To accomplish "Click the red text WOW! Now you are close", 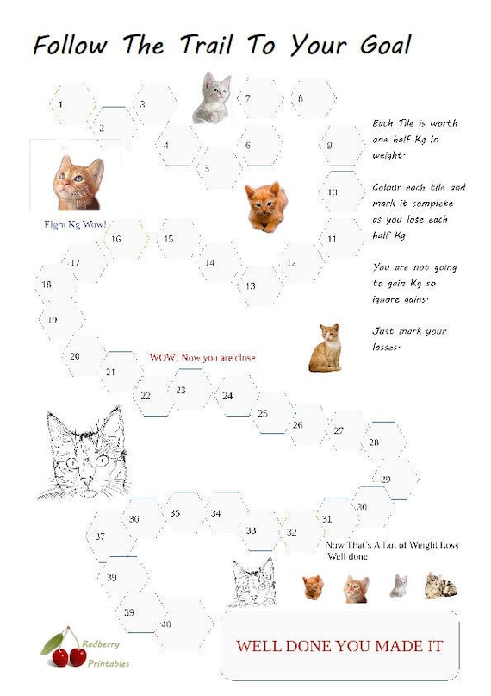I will click(x=202, y=357).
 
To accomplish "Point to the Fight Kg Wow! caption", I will click(x=75, y=223).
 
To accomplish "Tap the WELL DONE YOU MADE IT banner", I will click(x=339, y=646).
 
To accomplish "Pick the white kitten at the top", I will click(x=212, y=97).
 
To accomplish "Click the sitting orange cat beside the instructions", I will click(x=326, y=348).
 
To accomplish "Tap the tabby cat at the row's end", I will click(x=440, y=586).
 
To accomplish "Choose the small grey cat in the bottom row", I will click(x=398, y=586).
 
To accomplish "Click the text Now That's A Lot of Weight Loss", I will click(x=392, y=545).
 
